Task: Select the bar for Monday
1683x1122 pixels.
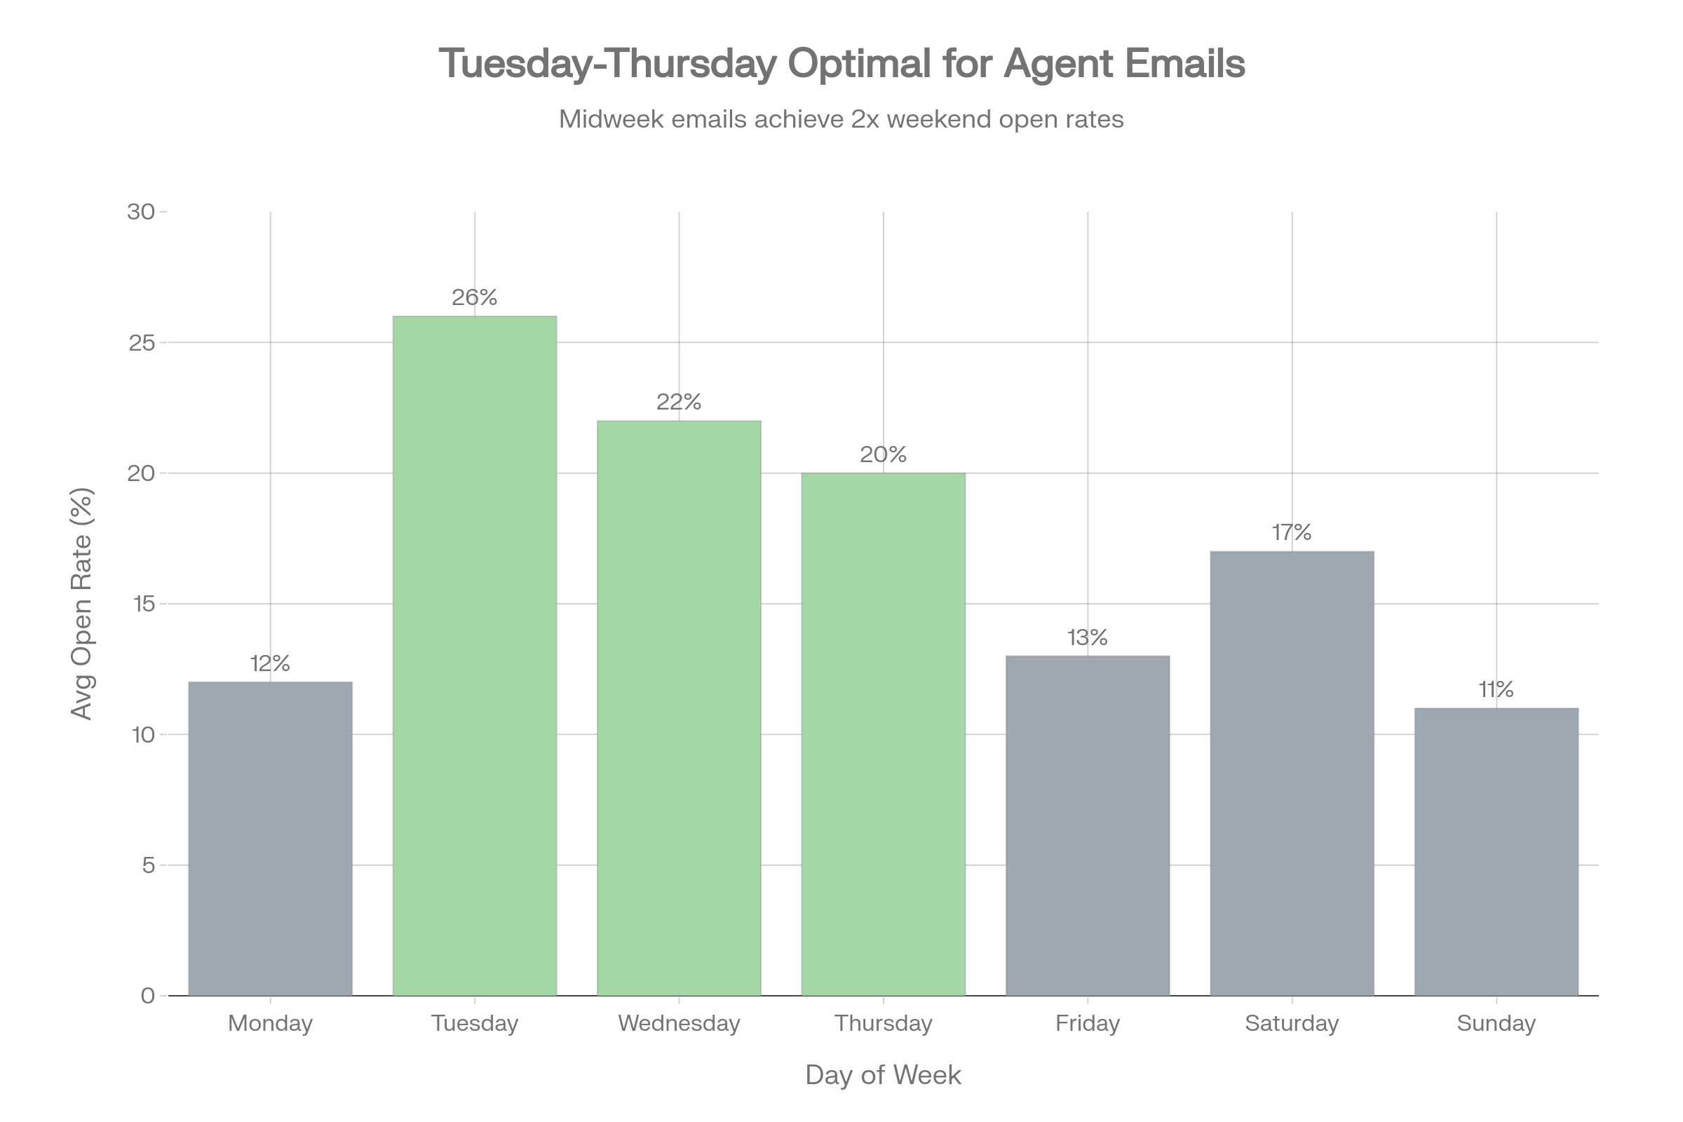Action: (x=271, y=838)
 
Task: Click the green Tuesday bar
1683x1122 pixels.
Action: (x=475, y=656)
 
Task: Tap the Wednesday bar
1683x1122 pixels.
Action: (x=679, y=708)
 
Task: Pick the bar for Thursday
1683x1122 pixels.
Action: (x=883, y=734)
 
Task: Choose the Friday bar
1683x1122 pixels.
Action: (x=1088, y=825)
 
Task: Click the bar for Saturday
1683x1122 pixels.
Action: (x=1292, y=773)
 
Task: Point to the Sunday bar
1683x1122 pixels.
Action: (x=1496, y=851)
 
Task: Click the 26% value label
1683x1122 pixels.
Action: (x=475, y=297)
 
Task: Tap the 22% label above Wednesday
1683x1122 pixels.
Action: (x=679, y=402)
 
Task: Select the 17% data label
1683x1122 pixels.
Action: (x=1292, y=532)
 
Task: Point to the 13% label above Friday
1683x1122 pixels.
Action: (x=1088, y=637)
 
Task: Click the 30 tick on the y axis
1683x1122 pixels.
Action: (x=141, y=212)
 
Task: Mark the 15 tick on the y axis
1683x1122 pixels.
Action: (x=142, y=604)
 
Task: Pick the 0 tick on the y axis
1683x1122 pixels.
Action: (x=148, y=995)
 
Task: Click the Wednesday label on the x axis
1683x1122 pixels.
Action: (x=679, y=1023)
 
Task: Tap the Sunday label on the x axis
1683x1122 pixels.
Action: (x=1496, y=1023)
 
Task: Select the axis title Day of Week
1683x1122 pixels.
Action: (x=883, y=1075)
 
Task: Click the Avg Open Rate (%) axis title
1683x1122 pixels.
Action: (x=81, y=603)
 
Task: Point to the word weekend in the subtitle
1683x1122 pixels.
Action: (x=939, y=119)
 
